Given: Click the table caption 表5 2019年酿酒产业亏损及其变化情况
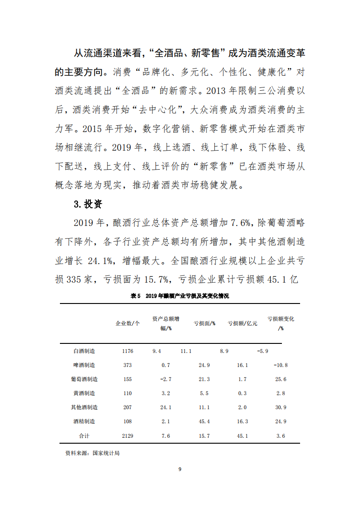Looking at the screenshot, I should click(x=180, y=296).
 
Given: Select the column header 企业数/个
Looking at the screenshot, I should click(x=128, y=323).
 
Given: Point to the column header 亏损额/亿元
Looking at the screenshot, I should click(x=242, y=323).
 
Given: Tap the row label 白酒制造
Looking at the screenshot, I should click(x=84, y=351).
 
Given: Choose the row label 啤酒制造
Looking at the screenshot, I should click(x=84, y=365).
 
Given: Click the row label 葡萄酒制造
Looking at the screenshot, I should click(x=84, y=379).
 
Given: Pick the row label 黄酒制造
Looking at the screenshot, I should click(x=84, y=393).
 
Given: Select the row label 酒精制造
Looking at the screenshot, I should click(x=84, y=421).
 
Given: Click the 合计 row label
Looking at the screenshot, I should click(x=84, y=436).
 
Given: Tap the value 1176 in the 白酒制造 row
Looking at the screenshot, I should click(x=128, y=351).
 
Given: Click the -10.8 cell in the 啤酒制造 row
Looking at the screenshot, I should click(x=281, y=365).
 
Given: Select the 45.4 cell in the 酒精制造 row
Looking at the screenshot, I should click(x=204, y=421).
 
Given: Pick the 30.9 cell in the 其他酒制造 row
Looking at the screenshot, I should click(x=281, y=407).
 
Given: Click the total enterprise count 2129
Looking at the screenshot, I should click(x=128, y=436).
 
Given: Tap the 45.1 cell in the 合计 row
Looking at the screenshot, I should click(x=242, y=436).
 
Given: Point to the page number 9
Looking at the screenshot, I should click(x=180, y=469).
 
